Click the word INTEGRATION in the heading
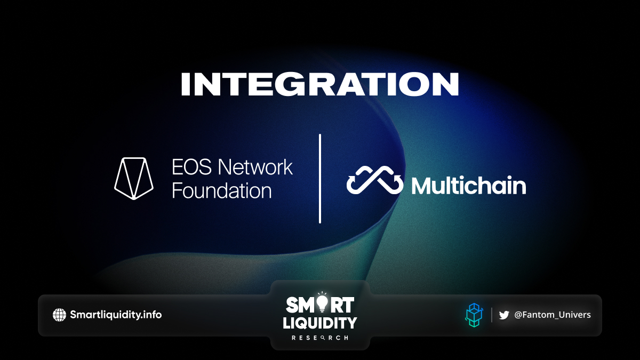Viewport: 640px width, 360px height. click(320, 84)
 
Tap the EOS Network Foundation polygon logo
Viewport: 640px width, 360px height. click(134, 178)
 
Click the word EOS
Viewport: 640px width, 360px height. click(191, 167)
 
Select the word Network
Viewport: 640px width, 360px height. click(255, 167)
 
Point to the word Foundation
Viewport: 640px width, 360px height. click(222, 190)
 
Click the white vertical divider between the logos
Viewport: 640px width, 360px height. click(320, 178)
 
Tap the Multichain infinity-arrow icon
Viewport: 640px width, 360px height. click(374, 180)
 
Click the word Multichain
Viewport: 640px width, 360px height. click(469, 186)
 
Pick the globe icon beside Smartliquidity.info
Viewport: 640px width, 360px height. click(59, 315)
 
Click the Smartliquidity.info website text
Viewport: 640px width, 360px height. click(116, 315)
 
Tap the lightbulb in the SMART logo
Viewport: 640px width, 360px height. click(322, 303)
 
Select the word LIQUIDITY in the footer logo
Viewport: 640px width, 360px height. click(320, 323)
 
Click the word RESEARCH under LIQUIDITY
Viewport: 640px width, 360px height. click(320, 338)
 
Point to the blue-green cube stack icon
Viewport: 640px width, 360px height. click(474, 315)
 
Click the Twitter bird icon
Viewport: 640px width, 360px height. click(504, 315)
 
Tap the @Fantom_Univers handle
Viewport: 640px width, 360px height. click(553, 315)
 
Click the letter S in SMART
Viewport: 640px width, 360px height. click(292, 305)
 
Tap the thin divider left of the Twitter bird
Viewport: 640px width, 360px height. click(491, 315)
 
